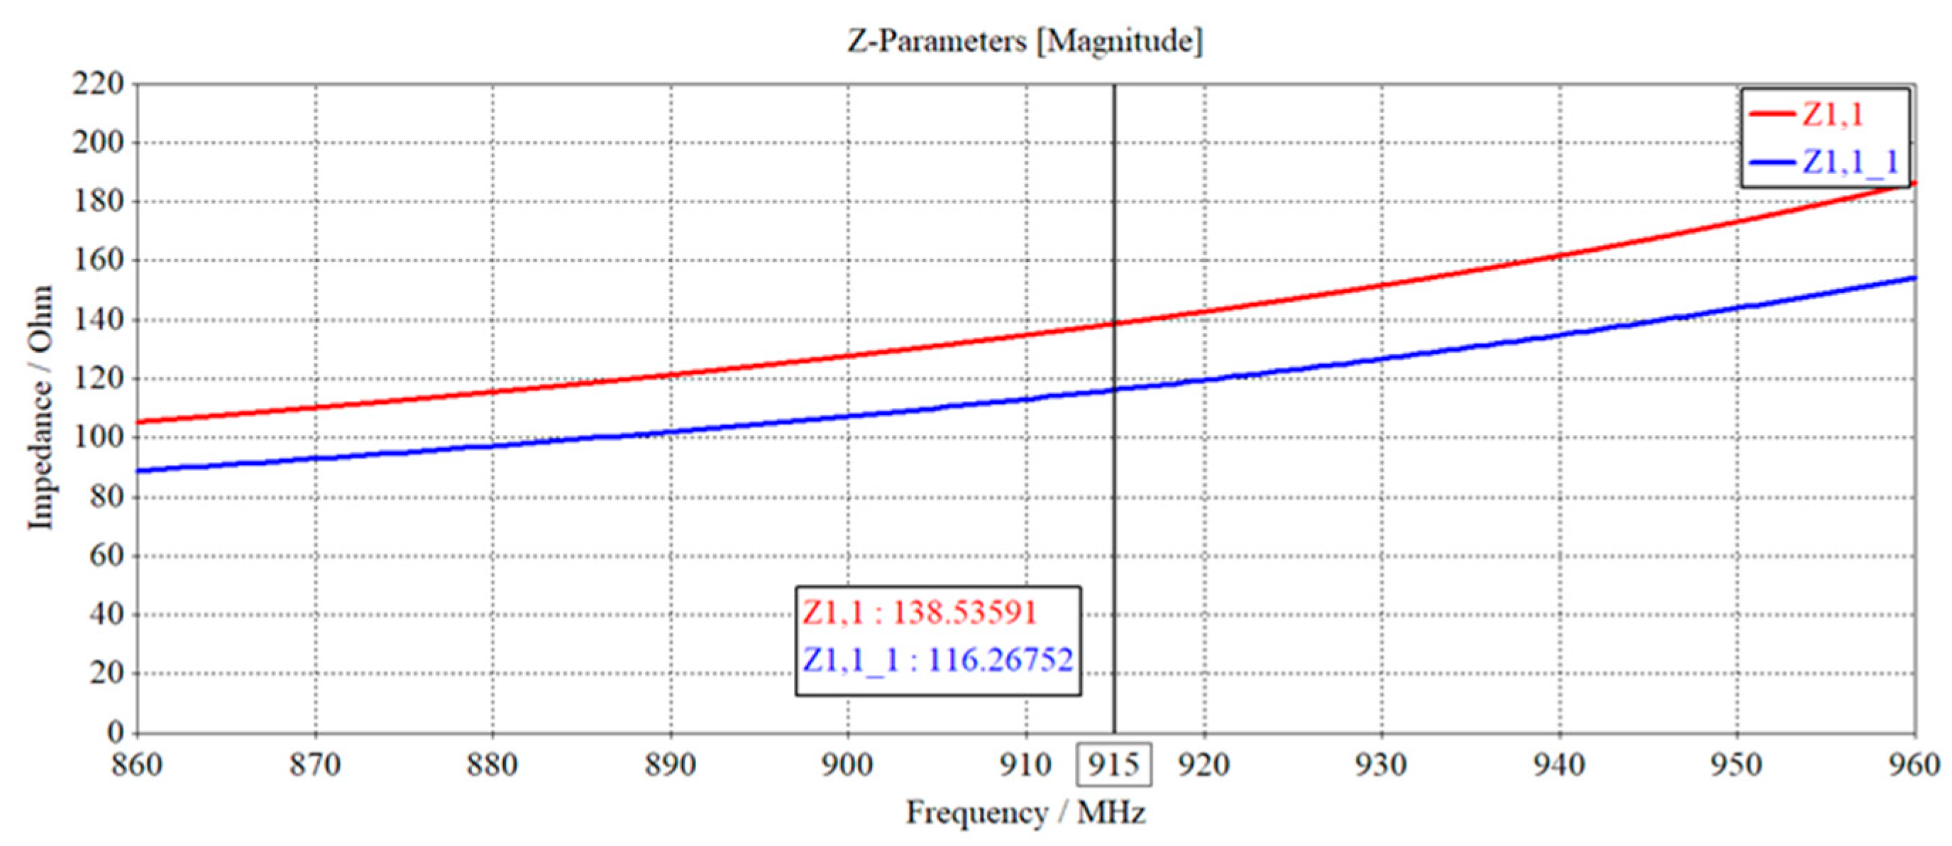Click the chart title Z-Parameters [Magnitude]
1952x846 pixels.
[1025, 41]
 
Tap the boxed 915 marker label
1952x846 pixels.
[1114, 764]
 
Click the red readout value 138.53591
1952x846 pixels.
[964, 612]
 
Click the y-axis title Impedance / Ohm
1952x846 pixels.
[41, 408]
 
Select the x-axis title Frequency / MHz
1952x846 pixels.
[1025, 813]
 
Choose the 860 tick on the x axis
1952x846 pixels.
[137, 764]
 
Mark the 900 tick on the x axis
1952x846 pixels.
[848, 764]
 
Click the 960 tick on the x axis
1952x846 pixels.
[1914, 764]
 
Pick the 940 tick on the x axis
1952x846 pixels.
[1560, 764]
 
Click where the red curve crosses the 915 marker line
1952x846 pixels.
[1115, 324]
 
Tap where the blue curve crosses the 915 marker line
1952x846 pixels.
[1115, 390]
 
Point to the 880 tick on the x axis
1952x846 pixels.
[492, 764]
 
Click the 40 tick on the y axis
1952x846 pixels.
[107, 614]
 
